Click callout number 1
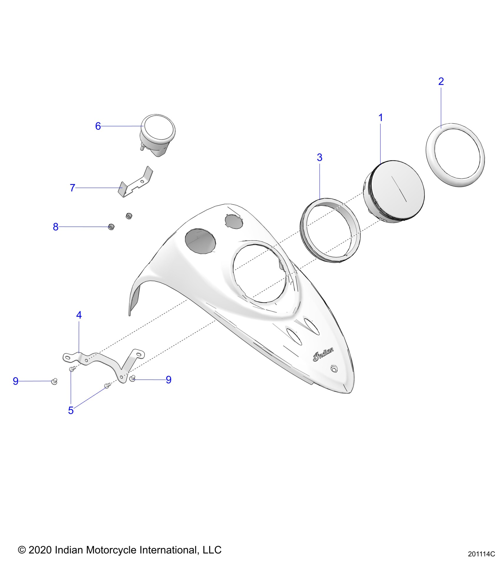tap(380, 117)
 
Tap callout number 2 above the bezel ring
tap(441, 81)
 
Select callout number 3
tap(319, 158)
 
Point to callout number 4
tap(79, 315)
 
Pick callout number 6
tap(98, 126)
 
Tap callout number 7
tap(72, 188)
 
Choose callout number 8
tap(55, 227)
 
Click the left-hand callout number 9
tap(16, 381)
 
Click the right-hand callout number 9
tap(169, 380)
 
